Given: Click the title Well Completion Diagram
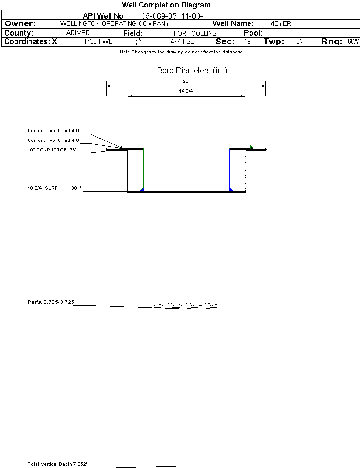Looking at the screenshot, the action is point(166,5).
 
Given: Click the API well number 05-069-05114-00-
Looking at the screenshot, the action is point(172,16).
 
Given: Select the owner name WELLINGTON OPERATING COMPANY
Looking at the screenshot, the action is point(115,23).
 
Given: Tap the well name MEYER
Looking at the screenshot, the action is point(280,23).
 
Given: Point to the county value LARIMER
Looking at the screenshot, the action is point(76,33).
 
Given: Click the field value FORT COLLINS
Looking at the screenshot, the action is point(195,33).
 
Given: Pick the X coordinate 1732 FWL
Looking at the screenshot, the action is point(98,42).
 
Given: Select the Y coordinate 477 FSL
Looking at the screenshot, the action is point(182,42).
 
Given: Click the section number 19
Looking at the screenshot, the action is point(248,42).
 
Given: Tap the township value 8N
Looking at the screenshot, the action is point(300,42).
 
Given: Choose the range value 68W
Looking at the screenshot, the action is point(353,42).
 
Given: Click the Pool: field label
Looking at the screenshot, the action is point(253,33).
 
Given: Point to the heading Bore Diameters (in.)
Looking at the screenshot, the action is point(192,70).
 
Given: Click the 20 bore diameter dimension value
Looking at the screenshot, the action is point(185,81).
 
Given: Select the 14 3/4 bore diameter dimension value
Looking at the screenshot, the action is point(186,91).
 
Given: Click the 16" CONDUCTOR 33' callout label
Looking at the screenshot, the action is point(52,150).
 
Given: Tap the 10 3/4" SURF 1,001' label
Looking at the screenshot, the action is point(54,188).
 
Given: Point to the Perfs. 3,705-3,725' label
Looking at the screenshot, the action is point(51,302).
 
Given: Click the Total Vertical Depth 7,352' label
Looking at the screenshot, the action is point(57,464).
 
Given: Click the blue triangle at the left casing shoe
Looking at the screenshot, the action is point(142,190).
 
